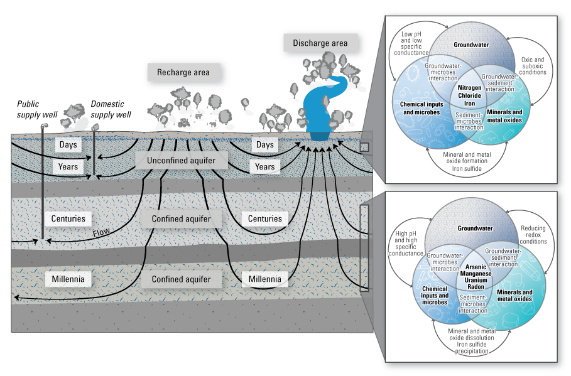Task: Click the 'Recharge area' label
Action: click(184, 72)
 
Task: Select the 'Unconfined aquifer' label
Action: click(180, 161)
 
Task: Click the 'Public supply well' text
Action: click(37, 109)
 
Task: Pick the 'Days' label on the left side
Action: click(68, 145)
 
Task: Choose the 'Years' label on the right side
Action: click(264, 166)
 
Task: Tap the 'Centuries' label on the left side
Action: click(68, 219)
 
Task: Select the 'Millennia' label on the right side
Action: click(264, 277)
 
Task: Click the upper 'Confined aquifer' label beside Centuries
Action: click(180, 219)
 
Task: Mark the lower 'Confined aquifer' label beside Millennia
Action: click(180, 277)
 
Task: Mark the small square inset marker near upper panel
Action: click(365, 147)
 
